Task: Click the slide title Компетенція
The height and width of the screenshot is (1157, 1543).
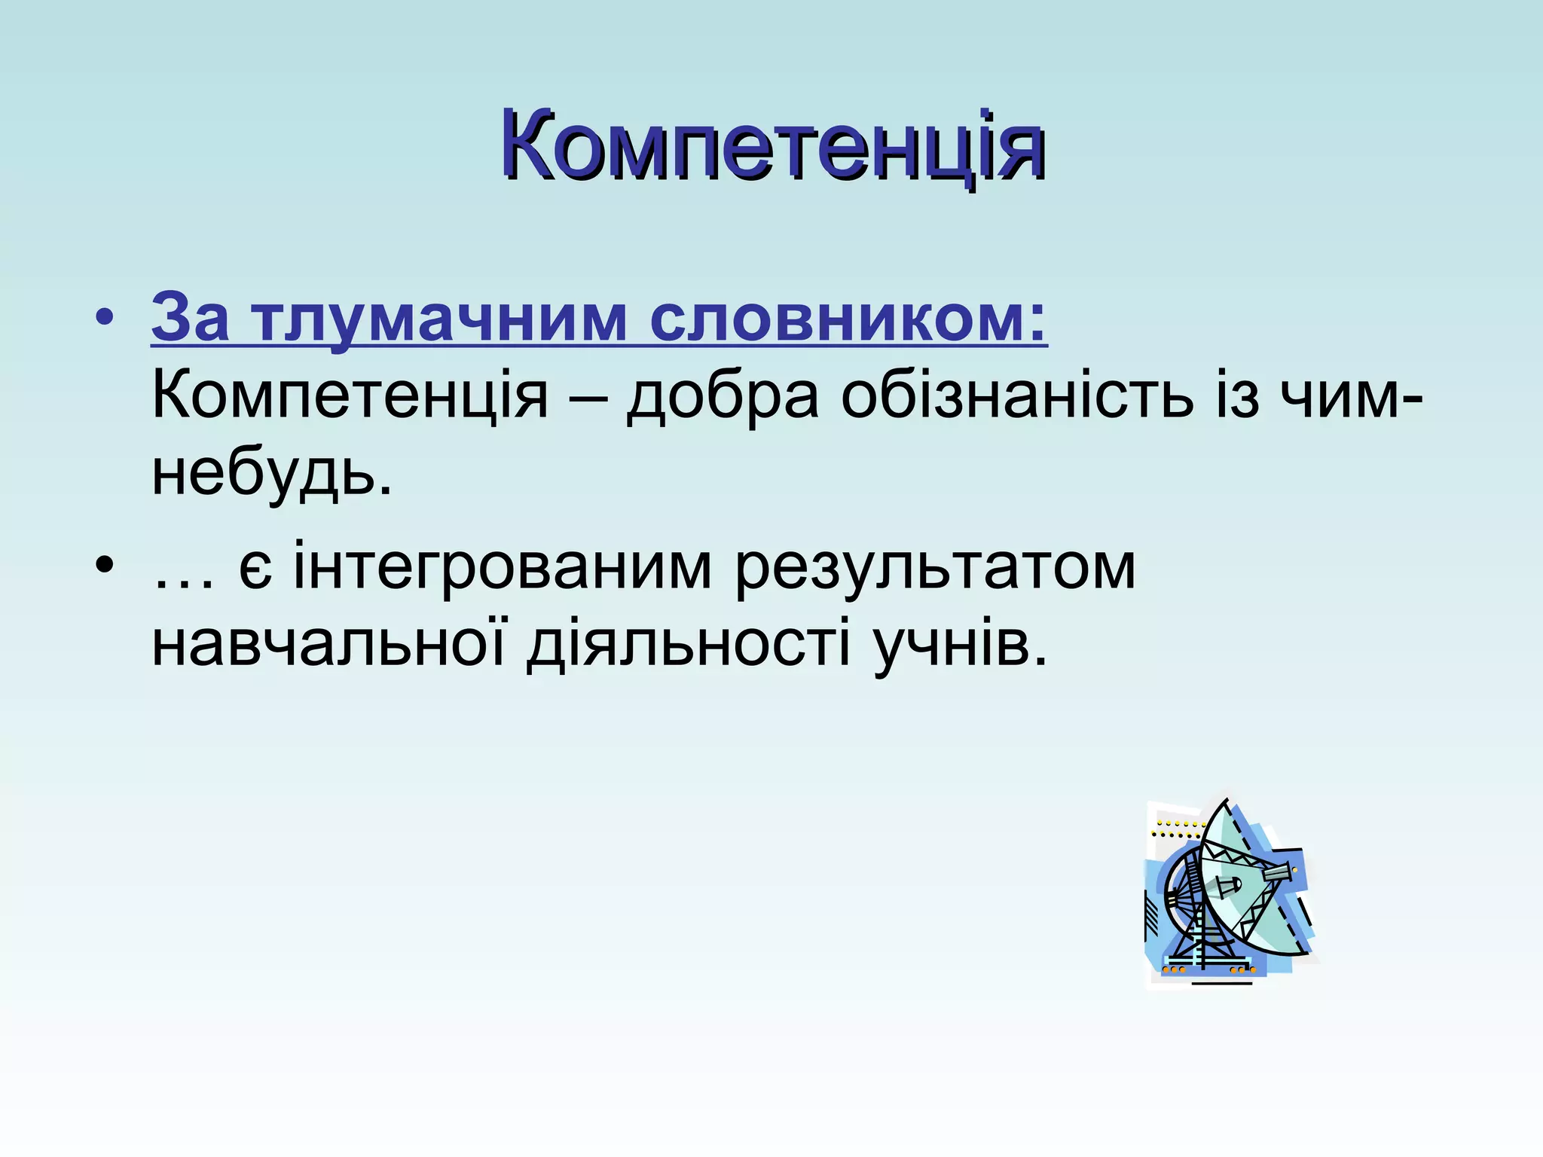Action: (x=773, y=145)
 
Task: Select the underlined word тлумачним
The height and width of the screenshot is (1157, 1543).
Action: (x=438, y=318)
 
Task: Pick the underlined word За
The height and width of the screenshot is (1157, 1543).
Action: (x=190, y=318)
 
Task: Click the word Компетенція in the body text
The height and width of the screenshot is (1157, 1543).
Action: (x=350, y=396)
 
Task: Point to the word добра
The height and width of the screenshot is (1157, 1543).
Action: (x=723, y=396)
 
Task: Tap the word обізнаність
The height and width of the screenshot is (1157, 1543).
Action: (x=1017, y=396)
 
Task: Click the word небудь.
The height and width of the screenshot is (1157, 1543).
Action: (x=271, y=476)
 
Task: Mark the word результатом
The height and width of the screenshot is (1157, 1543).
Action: (x=934, y=566)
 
